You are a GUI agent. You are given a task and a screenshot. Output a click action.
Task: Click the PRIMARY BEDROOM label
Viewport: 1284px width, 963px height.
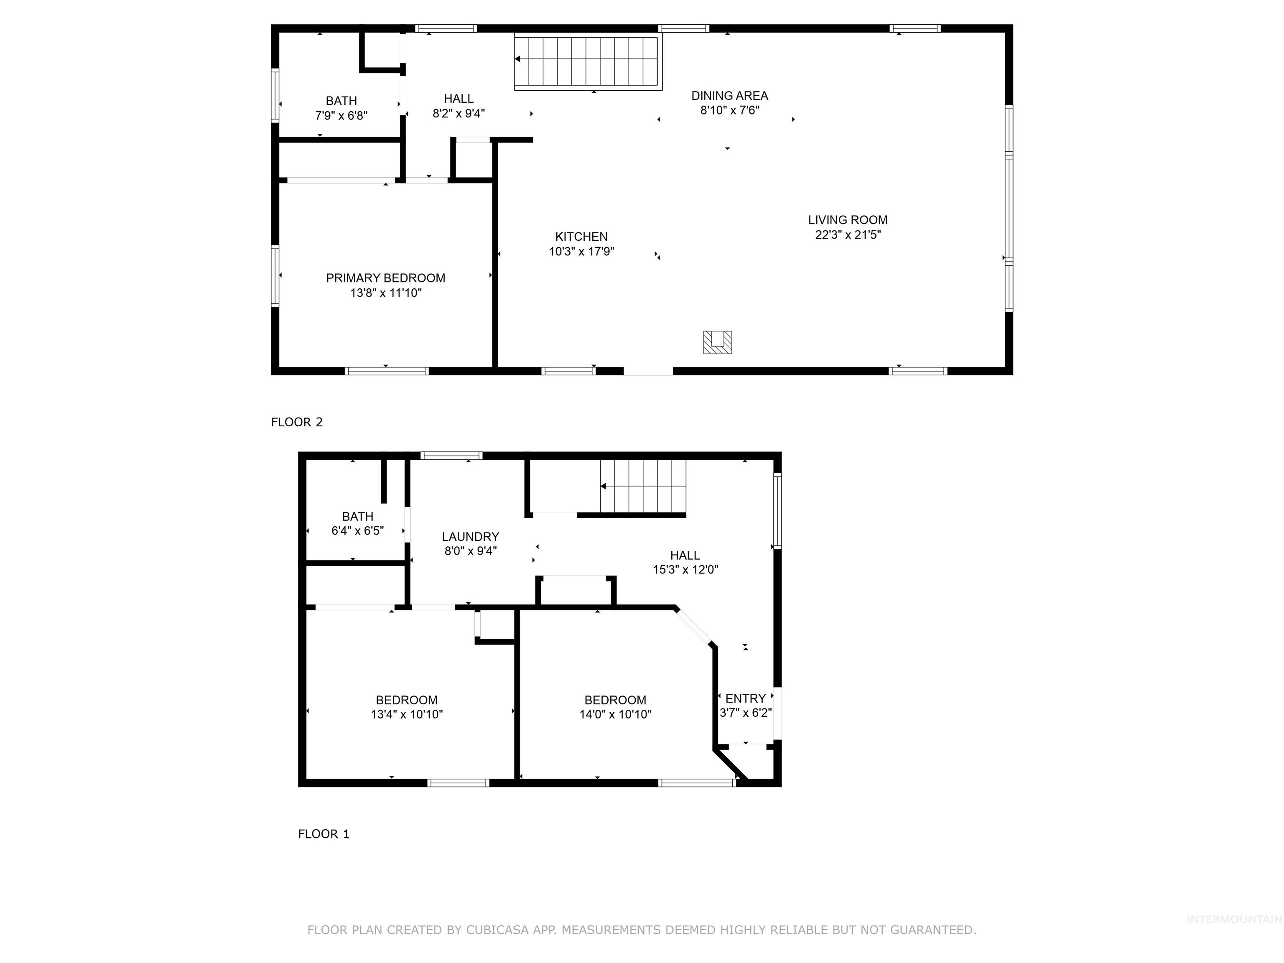click(x=385, y=278)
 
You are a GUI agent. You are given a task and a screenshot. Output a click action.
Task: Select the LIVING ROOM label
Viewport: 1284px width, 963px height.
click(x=848, y=220)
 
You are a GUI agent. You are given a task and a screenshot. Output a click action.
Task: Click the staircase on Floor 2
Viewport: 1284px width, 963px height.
click(x=587, y=61)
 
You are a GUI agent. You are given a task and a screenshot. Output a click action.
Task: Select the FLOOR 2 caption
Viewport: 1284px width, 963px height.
click(x=297, y=422)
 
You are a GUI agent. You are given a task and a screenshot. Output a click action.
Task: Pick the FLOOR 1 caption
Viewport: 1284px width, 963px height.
click(x=324, y=833)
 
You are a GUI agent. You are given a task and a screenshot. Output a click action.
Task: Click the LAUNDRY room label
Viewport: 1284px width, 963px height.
click(x=470, y=536)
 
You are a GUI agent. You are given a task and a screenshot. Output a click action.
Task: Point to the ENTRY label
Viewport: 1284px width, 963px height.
click(x=745, y=698)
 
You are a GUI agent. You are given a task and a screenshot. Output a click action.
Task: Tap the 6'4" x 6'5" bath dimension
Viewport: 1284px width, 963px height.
click(x=357, y=530)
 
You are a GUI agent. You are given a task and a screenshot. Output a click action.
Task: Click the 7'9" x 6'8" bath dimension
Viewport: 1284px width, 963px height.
click(x=341, y=115)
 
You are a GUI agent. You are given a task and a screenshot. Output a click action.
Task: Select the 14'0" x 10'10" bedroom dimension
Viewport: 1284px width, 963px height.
click(x=615, y=714)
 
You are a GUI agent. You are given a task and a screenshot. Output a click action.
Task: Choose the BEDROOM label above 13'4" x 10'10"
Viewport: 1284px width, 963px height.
click(x=406, y=700)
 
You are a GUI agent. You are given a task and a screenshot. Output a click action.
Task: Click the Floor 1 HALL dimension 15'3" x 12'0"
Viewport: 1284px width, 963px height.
click(x=685, y=569)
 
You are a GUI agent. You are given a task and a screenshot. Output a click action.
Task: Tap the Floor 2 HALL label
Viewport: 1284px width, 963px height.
click(x=459, y=99)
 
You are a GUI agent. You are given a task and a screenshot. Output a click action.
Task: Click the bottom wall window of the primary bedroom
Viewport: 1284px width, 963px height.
click(x=387, y=371)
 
